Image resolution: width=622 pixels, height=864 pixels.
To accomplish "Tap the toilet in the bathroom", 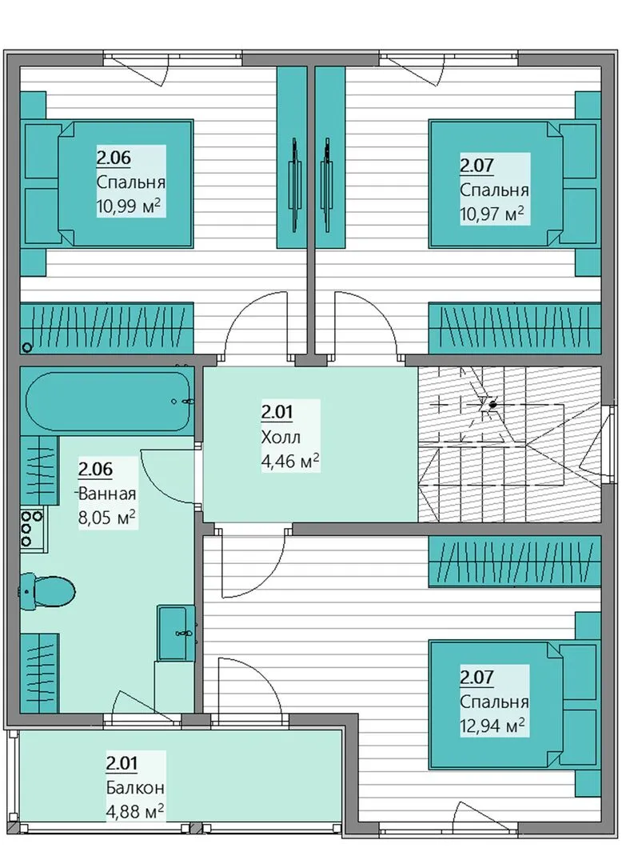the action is (x=48, y=592).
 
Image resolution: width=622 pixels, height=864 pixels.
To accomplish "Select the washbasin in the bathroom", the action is (x=176, y=633).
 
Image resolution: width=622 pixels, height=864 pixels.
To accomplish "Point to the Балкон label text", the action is (x=135, y=788).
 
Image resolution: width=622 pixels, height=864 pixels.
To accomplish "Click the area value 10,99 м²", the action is (x=129, y=206).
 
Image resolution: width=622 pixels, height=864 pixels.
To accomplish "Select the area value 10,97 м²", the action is (x=492, y=214).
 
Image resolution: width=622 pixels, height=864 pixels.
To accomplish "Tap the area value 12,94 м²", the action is (x=492, y=726).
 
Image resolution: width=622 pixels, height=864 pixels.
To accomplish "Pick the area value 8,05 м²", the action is (x=107, y=518).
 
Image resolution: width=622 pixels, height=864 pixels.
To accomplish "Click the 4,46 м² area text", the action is (x=290, y=462).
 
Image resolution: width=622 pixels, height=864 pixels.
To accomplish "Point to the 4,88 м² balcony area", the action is (x=135, y=812).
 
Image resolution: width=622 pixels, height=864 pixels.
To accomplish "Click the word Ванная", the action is (x=107, y=493).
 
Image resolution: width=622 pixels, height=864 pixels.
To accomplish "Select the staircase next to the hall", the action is (x=509, y=444).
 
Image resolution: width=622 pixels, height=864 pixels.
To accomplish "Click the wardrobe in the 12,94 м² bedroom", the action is (x=515, y=562).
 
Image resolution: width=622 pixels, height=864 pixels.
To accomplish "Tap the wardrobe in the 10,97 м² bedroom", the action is (x=515, y=328).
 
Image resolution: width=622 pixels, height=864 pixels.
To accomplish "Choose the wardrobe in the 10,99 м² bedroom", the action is (x=107, y=328).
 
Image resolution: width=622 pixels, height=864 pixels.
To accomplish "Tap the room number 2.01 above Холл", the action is (x=277, y=412).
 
